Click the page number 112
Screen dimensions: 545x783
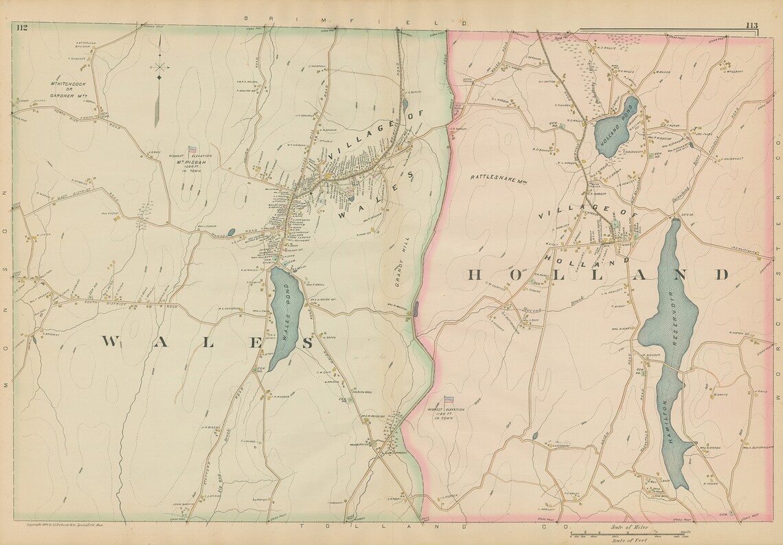pyautogui.click(x=22, y=27)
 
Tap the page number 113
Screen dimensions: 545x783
pyautogui.click(x=751, y=26)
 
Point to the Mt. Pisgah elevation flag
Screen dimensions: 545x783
pyautogui.click(x=192, y=149)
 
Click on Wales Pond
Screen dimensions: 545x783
pyautogui.click(x=284, y=316)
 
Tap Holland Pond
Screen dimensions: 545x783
pyautogui.click(x=615, y=122)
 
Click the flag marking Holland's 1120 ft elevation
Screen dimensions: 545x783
pyautogui.click(x=449, y=399)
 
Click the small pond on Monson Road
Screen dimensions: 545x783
pyautogui.click(x=231, y=232)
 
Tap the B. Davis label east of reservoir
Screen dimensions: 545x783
pyautogui.click(x=720, y=395)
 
